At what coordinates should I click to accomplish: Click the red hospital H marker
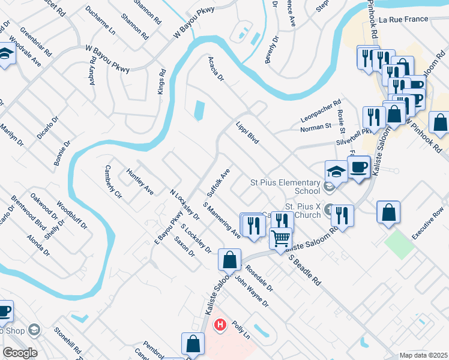click(220, 325)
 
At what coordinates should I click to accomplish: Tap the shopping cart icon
click(280, 238)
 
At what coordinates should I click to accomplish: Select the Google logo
click(20, 353)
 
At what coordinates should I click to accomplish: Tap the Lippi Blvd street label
click(247, 132)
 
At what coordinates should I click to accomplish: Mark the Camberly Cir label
click(113, 182)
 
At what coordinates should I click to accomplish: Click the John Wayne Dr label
click(252, 292)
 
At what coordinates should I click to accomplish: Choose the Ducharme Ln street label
click(100, 19)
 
